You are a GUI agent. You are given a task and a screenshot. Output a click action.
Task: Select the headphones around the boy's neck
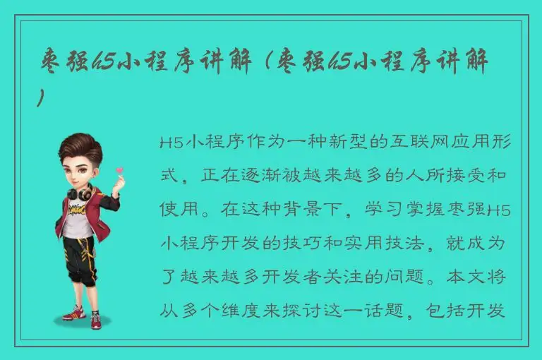coord(78,192)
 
